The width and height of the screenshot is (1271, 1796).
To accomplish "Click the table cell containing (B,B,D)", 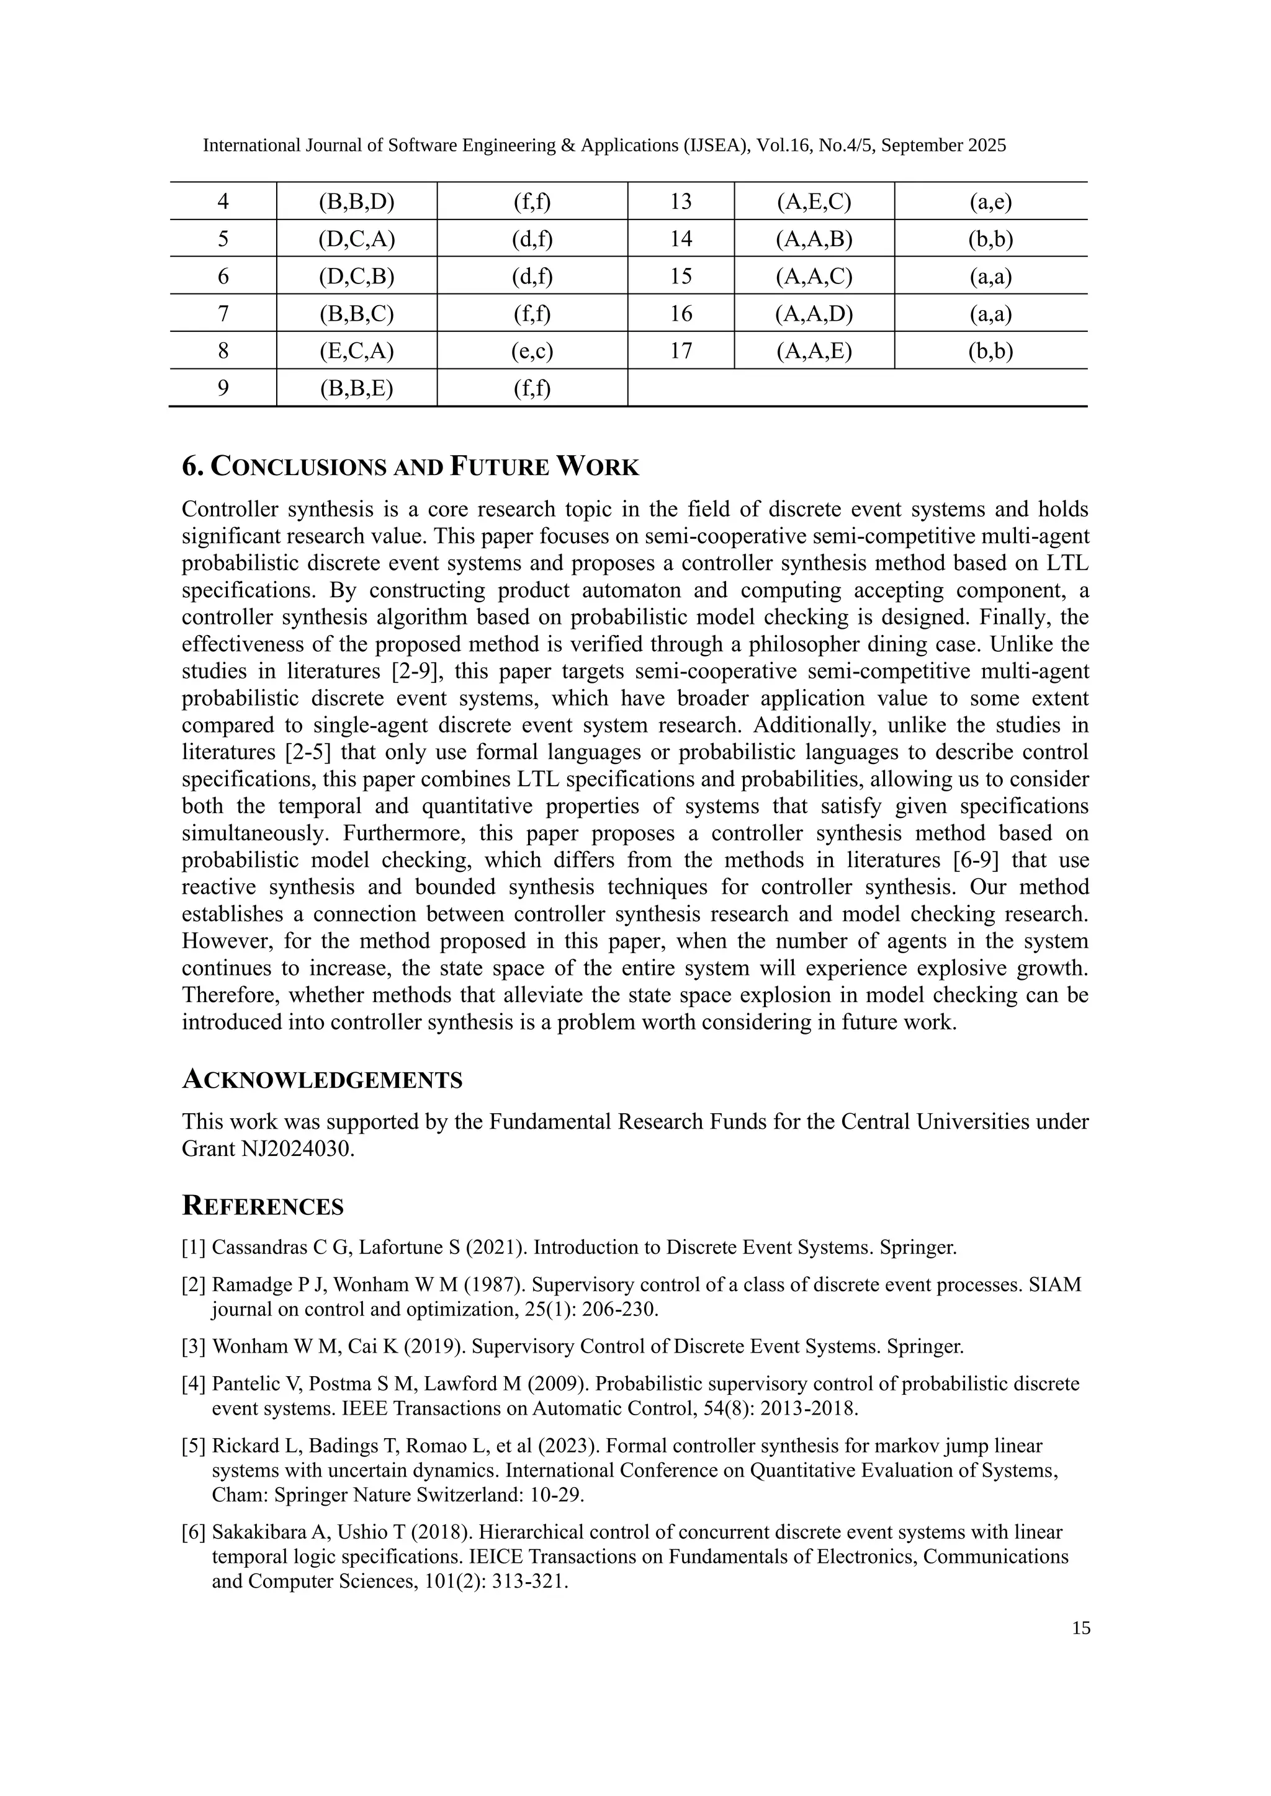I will (x=356, y=202).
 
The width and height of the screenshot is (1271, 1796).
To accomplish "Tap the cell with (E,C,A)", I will (x=356, y=350).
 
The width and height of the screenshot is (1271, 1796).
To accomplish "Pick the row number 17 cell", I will (x=681, y=350).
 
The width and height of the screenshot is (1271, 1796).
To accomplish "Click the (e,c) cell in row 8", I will (x=532, y=350).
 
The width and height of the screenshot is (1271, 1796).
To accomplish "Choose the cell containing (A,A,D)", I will (x=814, y=314).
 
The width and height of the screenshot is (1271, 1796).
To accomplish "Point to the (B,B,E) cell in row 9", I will (x=356, y=388).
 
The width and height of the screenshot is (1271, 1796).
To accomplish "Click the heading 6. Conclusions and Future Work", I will (x=410, y=467).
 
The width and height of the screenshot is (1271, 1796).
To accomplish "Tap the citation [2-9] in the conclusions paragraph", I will (x=410, y=671).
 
